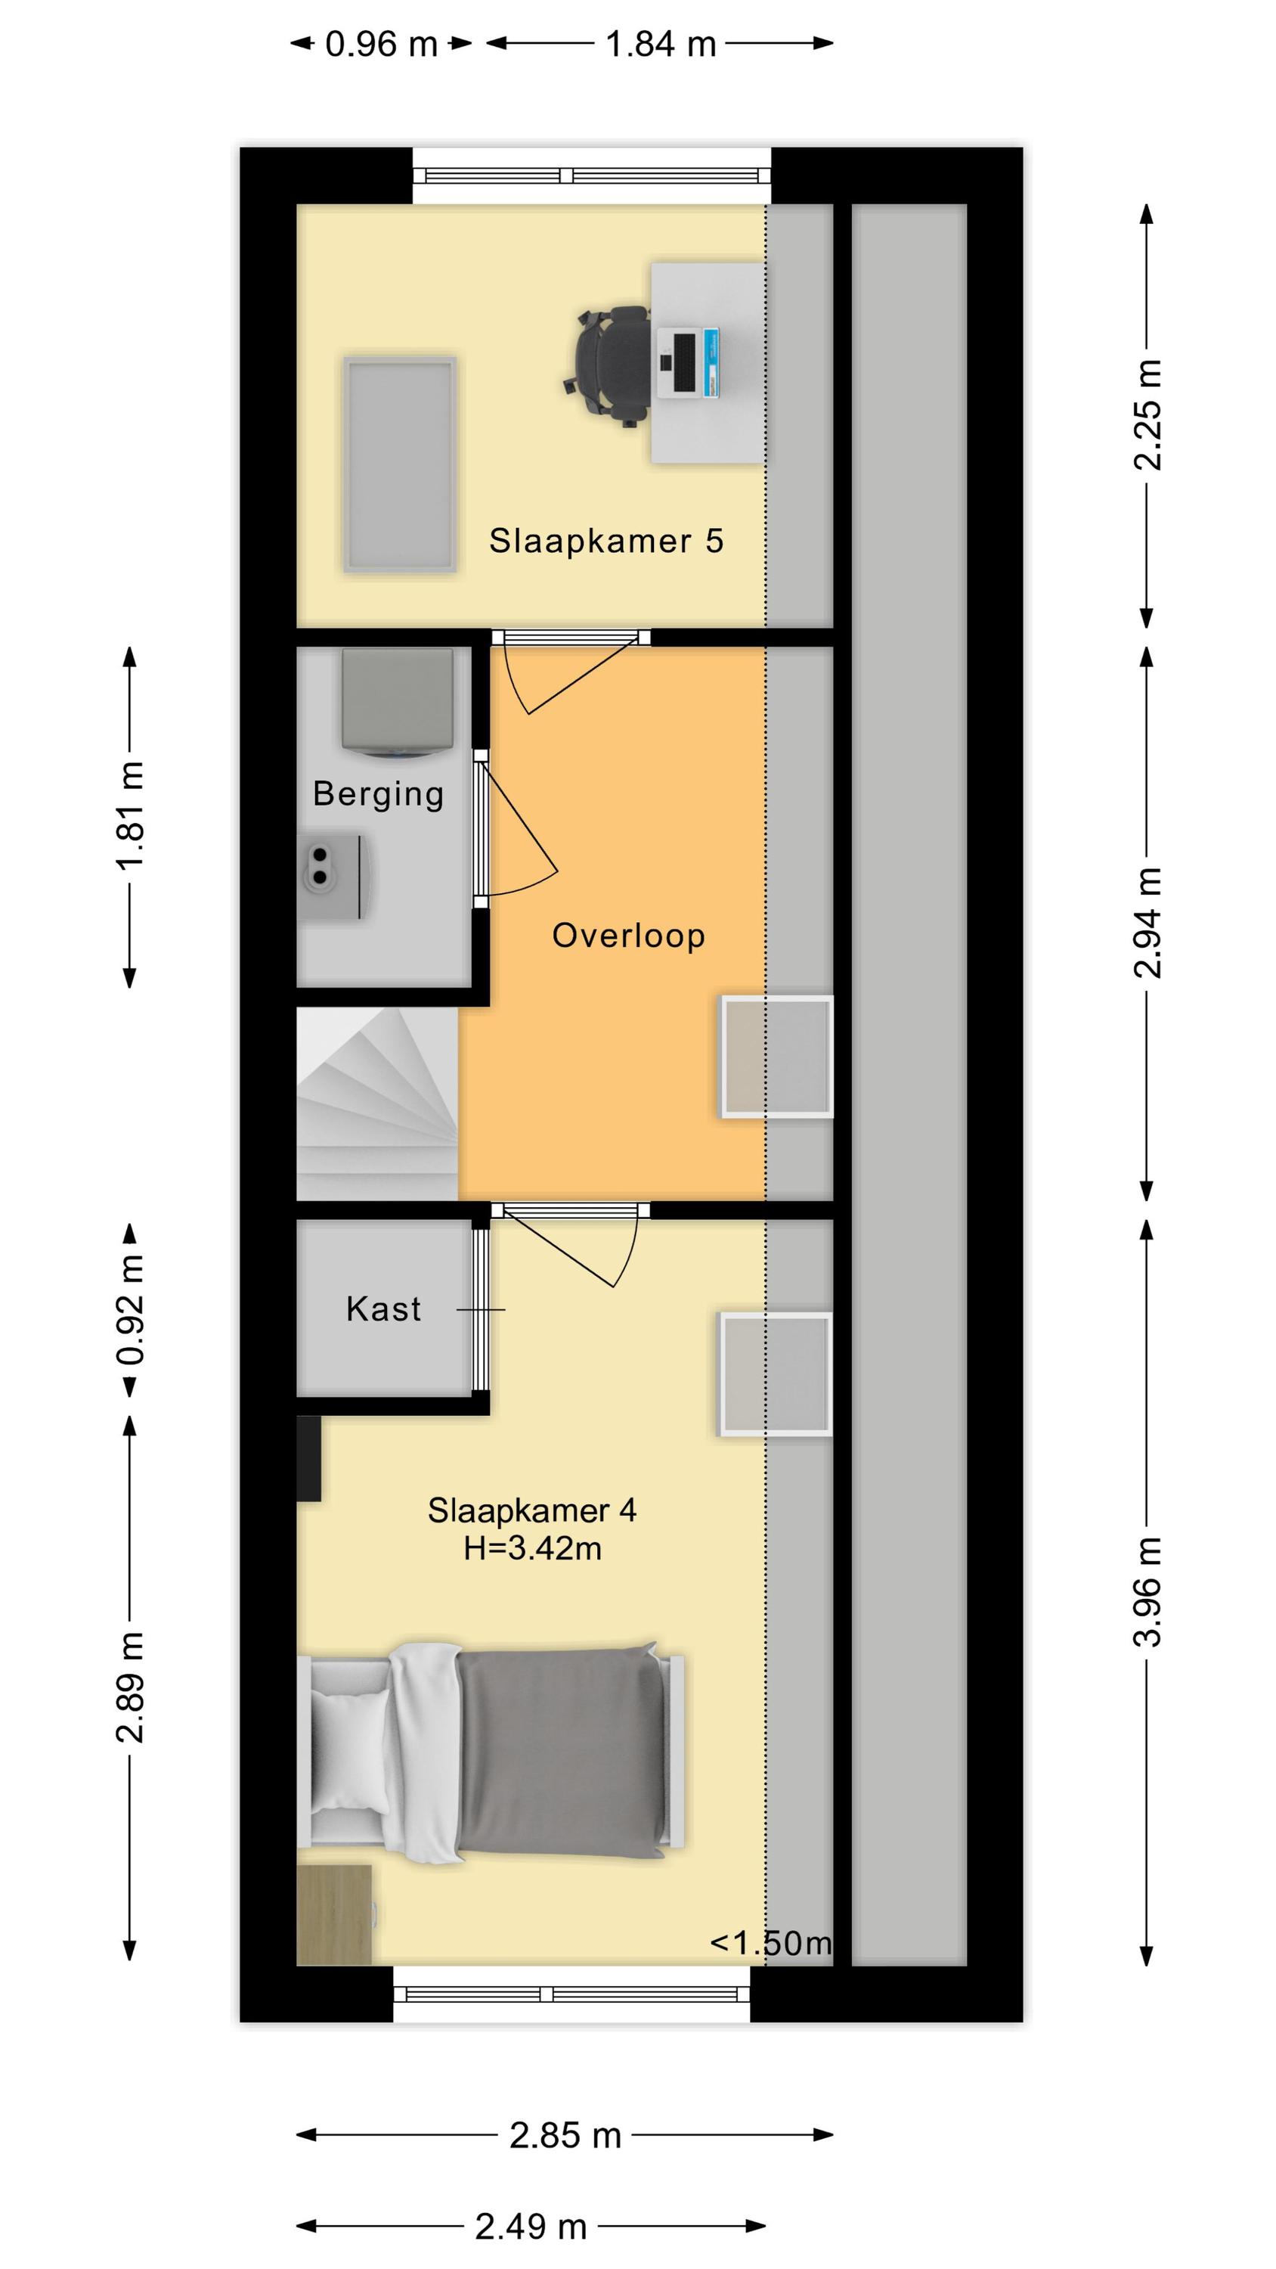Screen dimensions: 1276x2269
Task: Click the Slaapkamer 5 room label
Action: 605,541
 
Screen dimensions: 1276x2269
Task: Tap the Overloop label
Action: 628,936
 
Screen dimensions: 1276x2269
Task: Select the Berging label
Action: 378,794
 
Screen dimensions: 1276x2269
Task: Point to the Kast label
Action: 383,1309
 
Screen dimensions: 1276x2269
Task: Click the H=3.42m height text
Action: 532,1547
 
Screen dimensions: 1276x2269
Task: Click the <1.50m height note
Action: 770,1942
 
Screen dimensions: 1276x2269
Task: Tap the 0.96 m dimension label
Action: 381,44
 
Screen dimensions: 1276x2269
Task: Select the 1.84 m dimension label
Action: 661,44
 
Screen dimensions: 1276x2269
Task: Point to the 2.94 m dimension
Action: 1147,922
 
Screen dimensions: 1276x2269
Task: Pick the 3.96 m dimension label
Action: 1147,1591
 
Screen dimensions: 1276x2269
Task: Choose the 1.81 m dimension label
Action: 129,815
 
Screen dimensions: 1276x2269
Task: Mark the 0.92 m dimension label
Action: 129,1310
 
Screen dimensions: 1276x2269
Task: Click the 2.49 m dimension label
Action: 531,2227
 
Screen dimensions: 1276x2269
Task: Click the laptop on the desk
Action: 688,362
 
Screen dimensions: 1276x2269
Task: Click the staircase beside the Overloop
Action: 377,1103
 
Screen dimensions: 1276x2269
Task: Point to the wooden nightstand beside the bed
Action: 336,1915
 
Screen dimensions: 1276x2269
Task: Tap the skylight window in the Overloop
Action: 776,1057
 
